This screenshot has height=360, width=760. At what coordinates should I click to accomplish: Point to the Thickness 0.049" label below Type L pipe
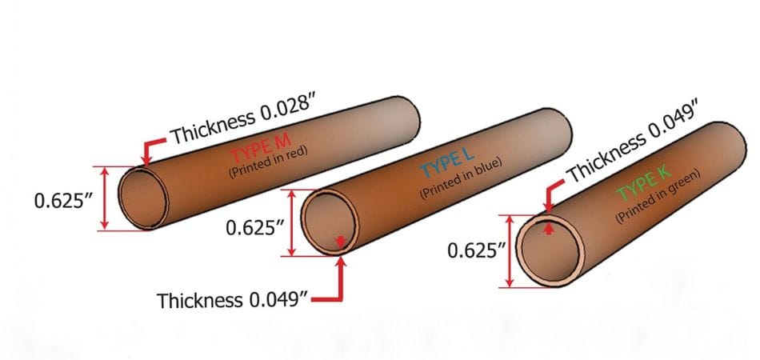pyautogui.click(x=233, y=301)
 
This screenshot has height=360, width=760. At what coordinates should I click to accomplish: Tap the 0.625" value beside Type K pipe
pyautogui.click(x=477, y=252)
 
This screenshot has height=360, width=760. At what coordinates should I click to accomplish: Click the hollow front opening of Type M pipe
pyautogui.click(x=143, y=198)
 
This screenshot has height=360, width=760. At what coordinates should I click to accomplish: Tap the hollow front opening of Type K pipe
pyautogui.click(x=547, y=251)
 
